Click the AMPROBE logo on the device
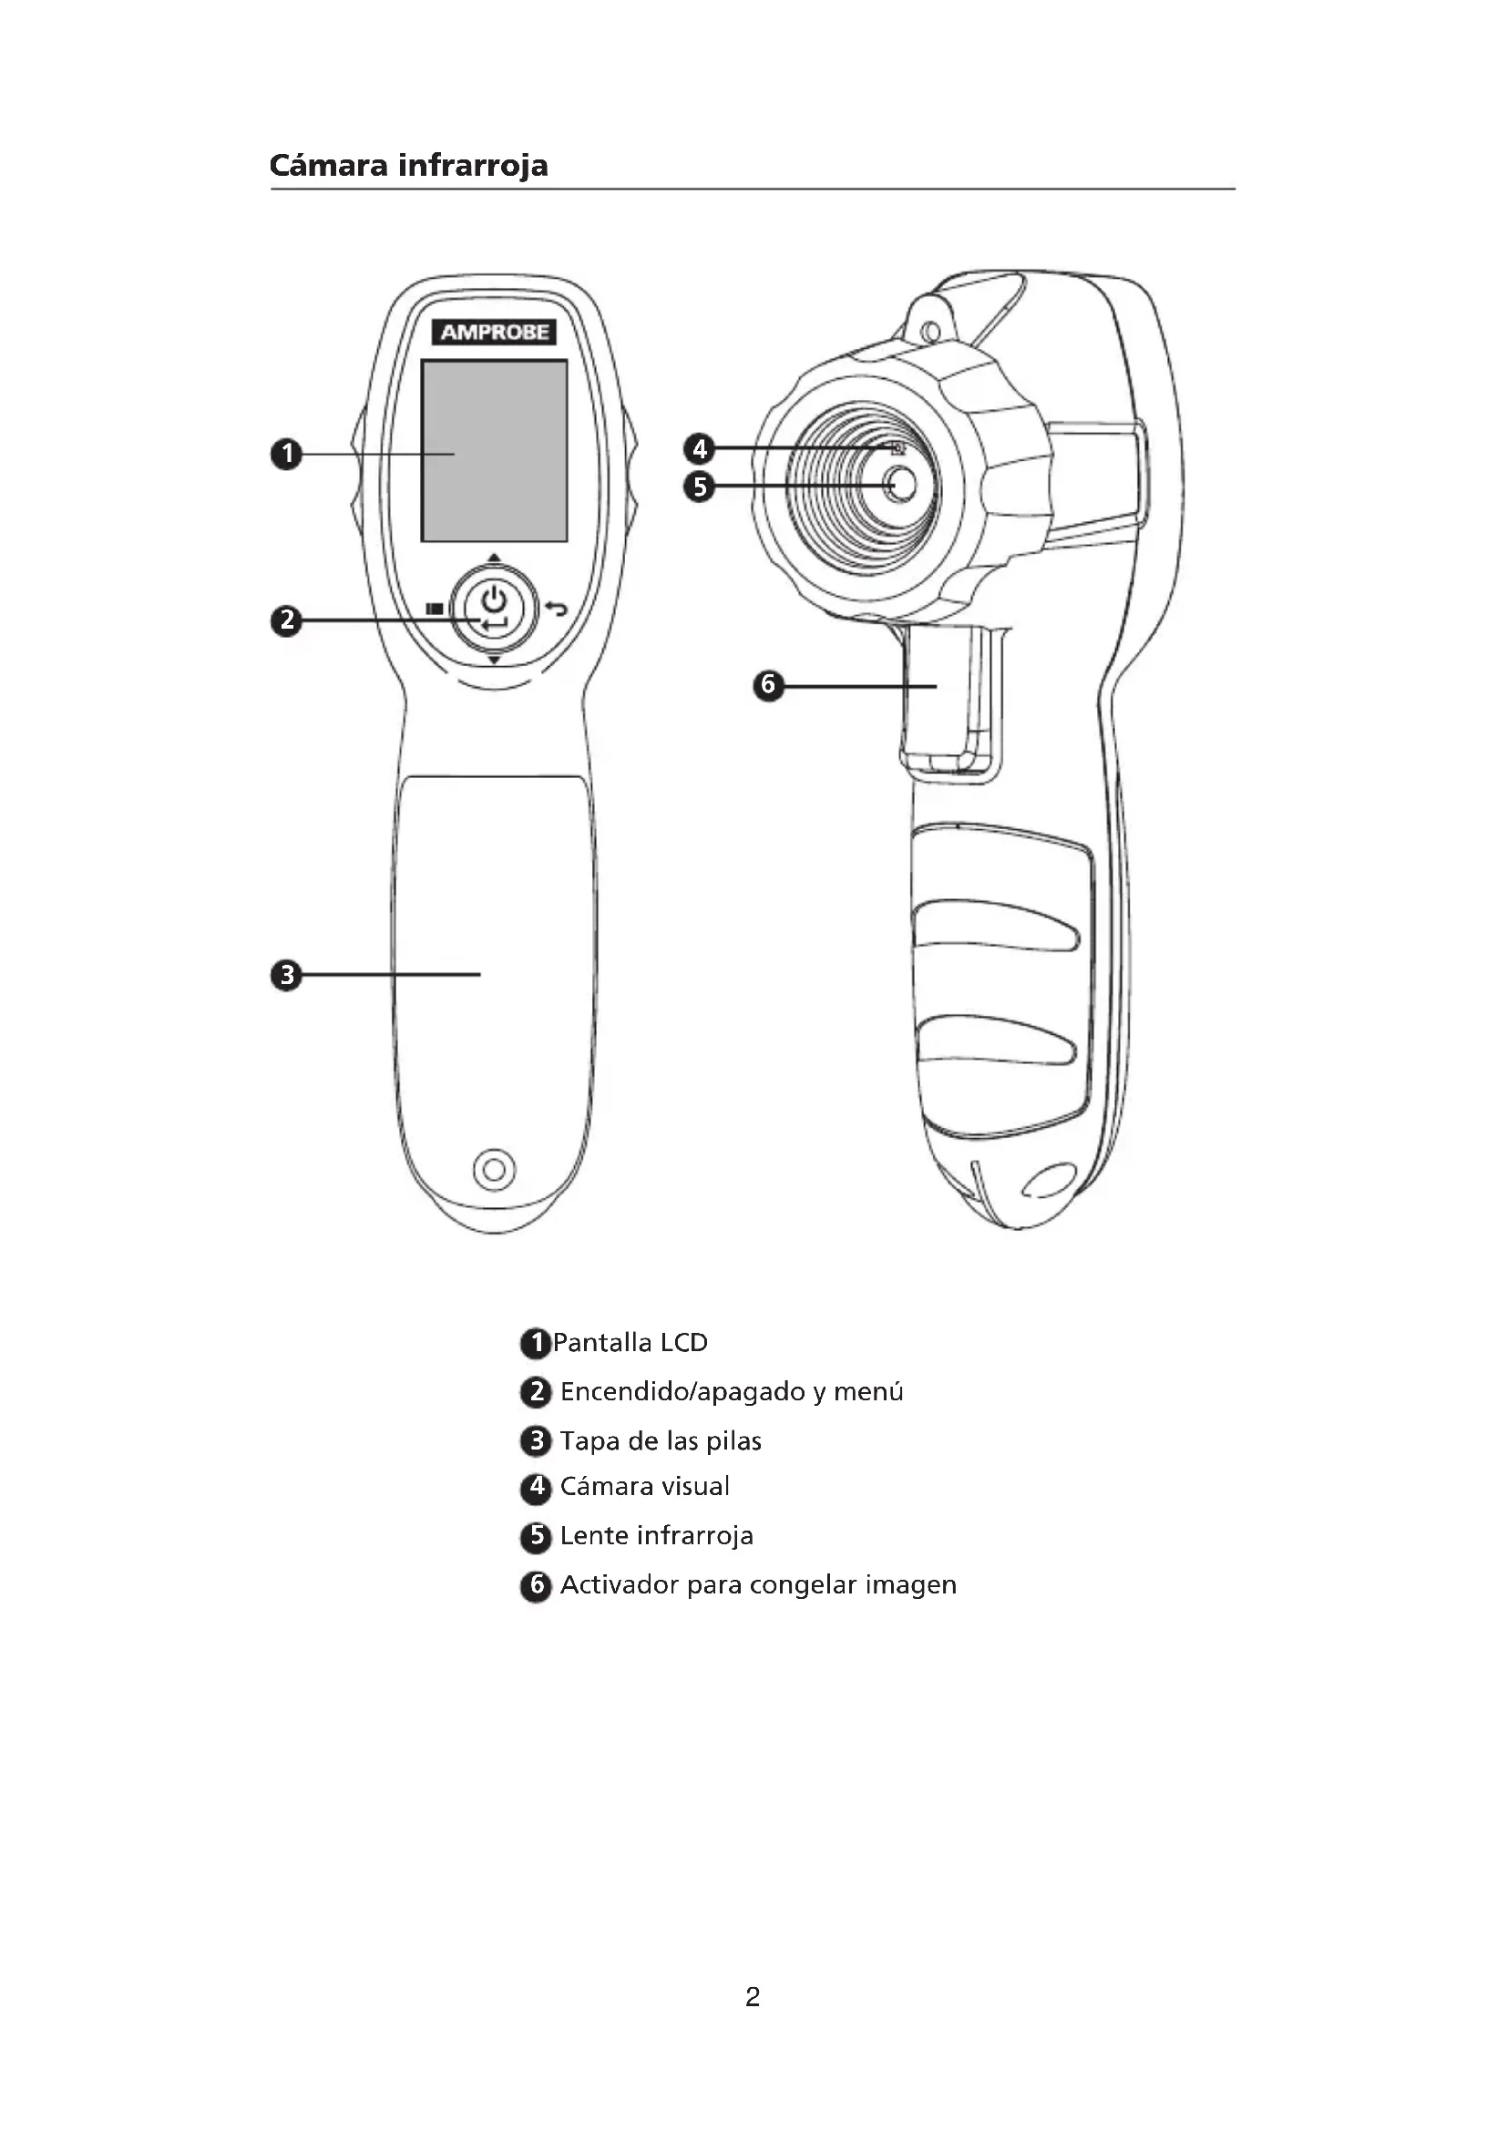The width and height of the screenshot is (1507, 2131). pyautogui.click(x=494, y=333)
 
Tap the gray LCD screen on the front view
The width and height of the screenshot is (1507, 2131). pyautogui.click(x=494, y=451)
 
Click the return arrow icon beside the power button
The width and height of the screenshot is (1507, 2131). pyautogui.click(x=556, y=609)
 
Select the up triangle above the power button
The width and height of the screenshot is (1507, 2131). pyautogui.click(x=494, y=558)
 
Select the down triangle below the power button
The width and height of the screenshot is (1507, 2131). pyautogui.click(x=494, y=660)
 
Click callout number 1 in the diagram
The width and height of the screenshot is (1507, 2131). pyautogui.click(x=287, y=454)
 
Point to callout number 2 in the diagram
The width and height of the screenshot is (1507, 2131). pyautogui.click(x=287, y=620)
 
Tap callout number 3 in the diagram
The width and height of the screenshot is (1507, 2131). pyautogui.click(x=287, y=976)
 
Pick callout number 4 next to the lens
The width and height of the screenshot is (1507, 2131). pyautogui.click(x=700, y=449)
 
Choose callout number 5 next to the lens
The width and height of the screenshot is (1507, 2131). pyautogui.click(x=700, y=487)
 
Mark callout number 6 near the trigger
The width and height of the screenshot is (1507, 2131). pyautogui.click(x=768, y=686)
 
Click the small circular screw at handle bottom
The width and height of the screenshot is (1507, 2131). pyautogui.click(x=494, y=1170)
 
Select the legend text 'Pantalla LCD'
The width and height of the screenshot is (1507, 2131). pyautogui.click(x=630, y=1343)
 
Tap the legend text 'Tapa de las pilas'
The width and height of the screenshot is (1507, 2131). pyautogui.click(x=661, y=1441)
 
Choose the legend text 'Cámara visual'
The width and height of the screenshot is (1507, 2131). pyautogui.click(x=645, y=1487)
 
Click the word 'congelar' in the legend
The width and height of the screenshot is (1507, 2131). pyautogui.click(x=804, y=1585)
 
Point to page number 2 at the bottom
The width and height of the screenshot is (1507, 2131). pyautogui.click(x=753, y=1997)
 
